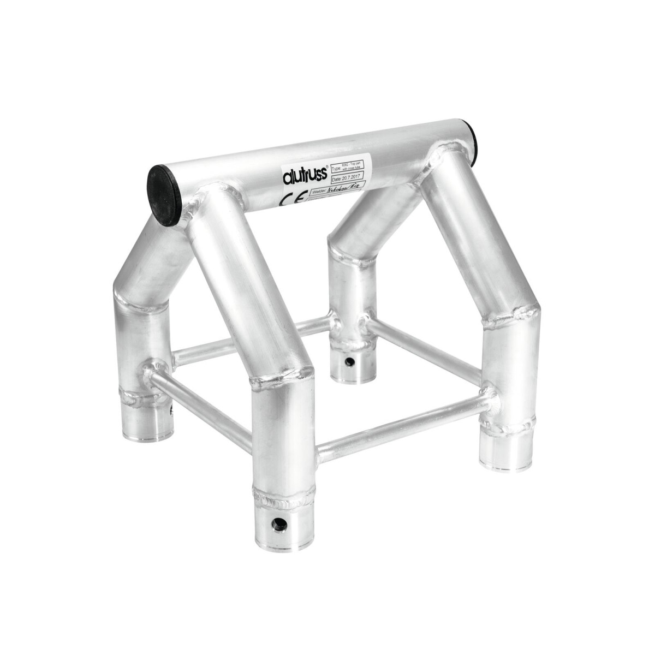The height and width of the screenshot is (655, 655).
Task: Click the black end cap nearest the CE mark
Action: coord(164,195)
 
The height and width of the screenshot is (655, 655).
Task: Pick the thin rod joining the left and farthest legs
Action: coord(251,338)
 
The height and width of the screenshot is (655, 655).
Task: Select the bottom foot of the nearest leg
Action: coord(282,521)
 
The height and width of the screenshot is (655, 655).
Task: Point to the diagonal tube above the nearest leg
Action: coord(246,278)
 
